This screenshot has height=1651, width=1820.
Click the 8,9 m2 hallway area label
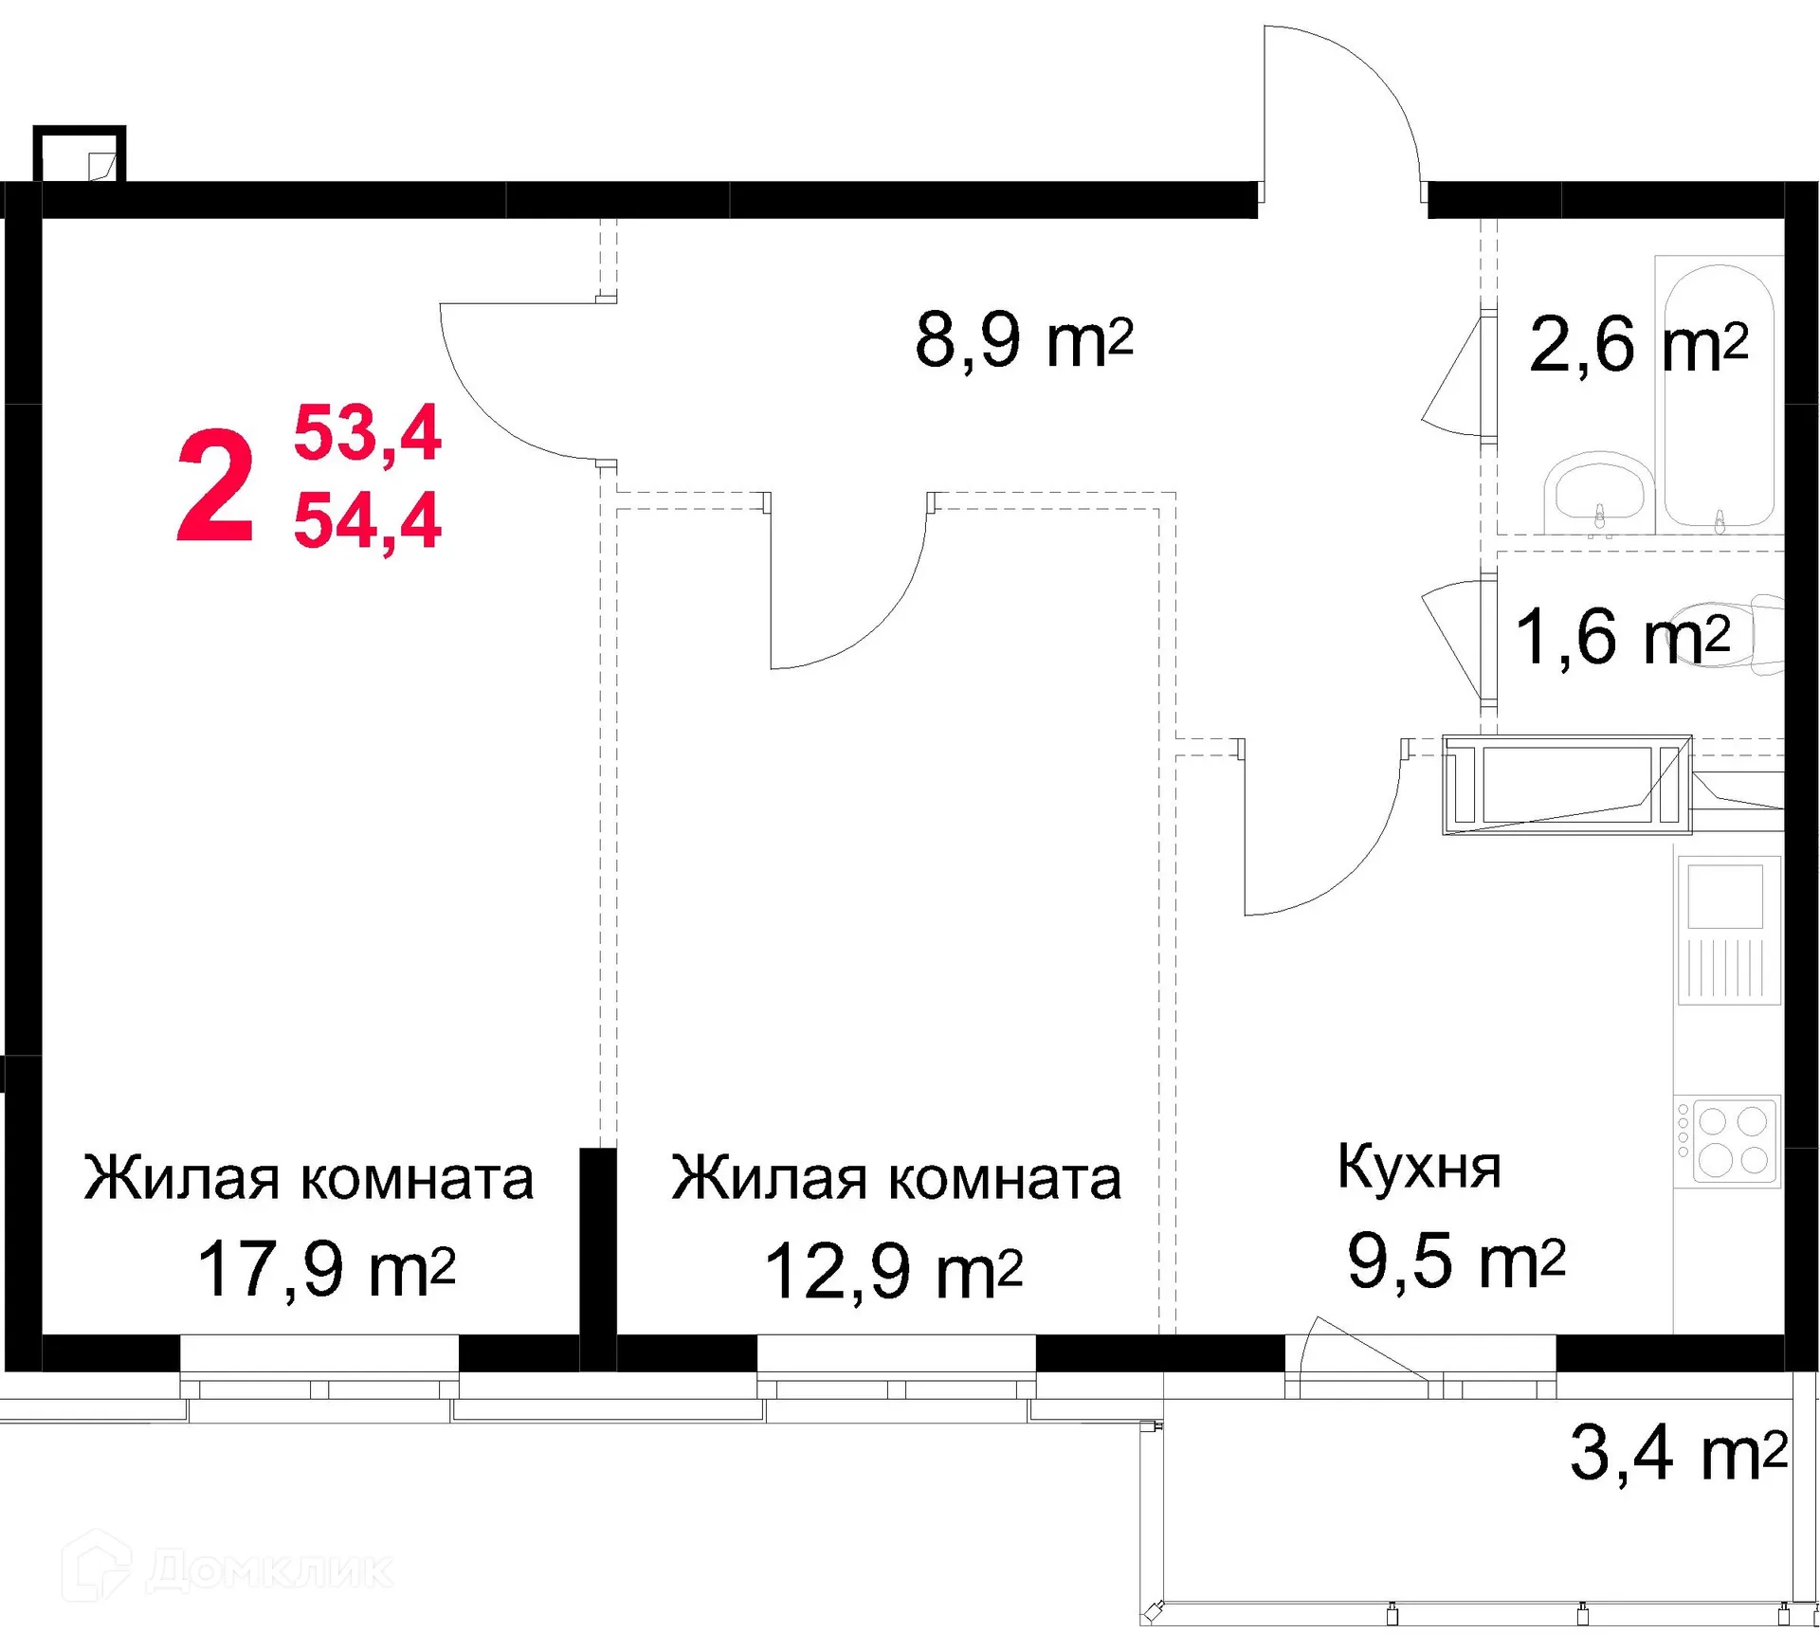tap(1024, 340)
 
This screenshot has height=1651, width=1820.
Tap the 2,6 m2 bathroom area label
tap(1637, 345)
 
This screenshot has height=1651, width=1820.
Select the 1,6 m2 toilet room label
tap(1622, 637)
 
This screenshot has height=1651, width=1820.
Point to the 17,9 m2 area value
tap(326, 1269)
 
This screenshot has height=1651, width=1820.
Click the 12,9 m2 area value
tap(893, 1271)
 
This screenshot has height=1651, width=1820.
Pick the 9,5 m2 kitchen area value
tap(1455, 1261)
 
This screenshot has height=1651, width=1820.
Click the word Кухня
tap(1418, 1168)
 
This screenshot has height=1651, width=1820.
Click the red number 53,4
tap(367, 433)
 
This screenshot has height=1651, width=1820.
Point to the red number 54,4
tap(367, 520)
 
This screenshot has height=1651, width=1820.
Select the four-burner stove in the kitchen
tap(1727, 1141)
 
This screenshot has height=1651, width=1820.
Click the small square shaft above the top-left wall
tap(80, 154)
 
